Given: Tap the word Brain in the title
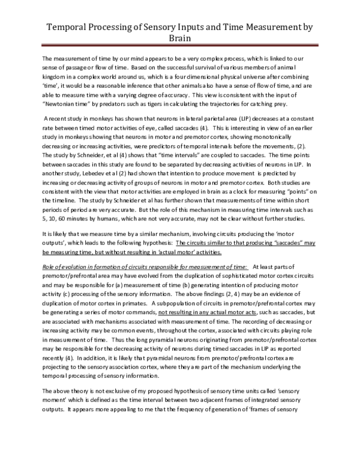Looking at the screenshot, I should [179, 38].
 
